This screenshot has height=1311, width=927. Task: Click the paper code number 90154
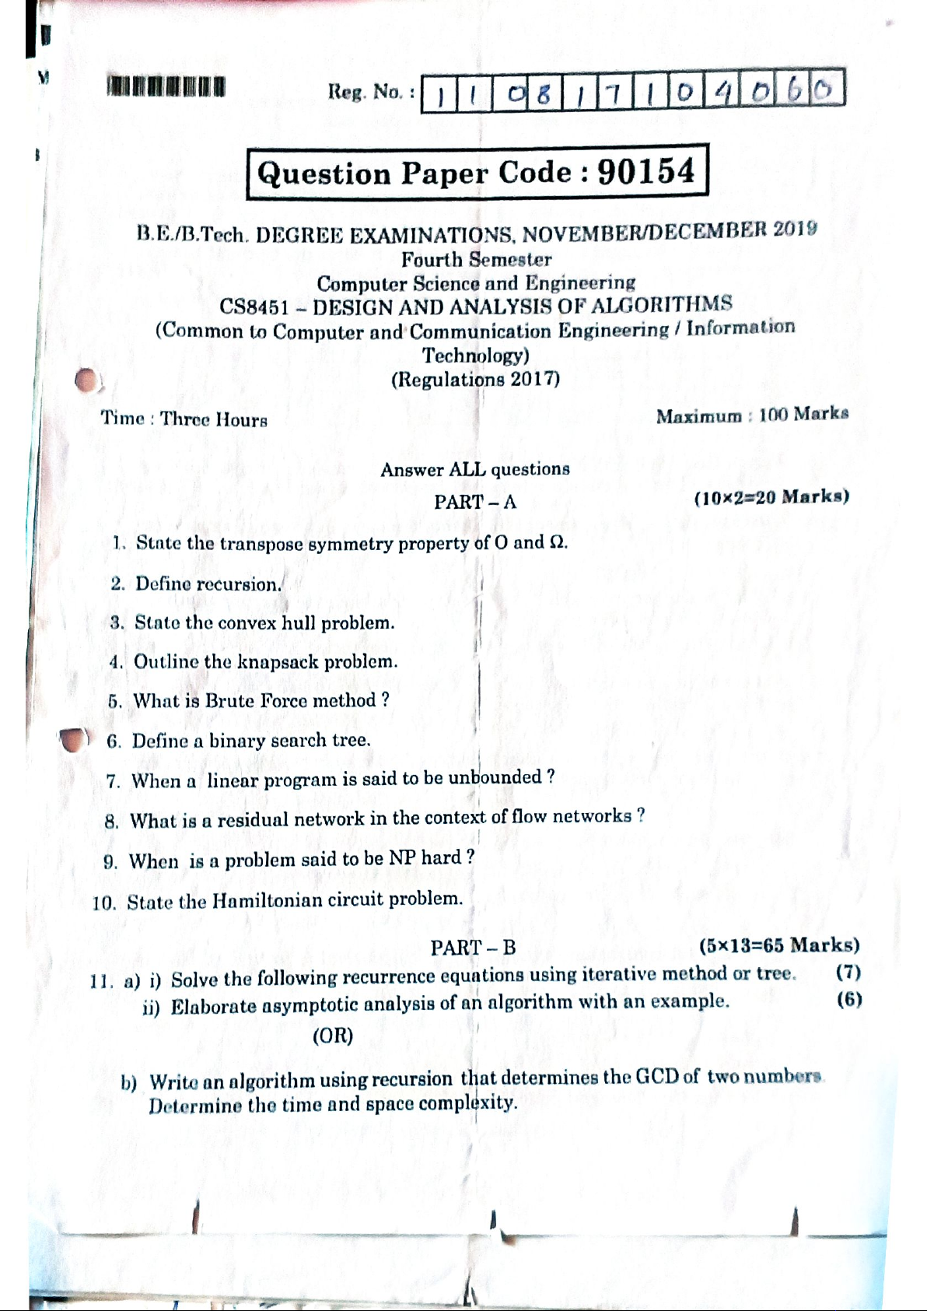[x=645, y=171]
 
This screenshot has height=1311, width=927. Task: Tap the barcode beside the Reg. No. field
[x=166, y=86]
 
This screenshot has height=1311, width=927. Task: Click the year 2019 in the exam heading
[x=795, y=228]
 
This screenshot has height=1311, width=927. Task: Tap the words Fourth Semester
[x=476, y=259]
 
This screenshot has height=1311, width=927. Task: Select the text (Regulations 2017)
[x=475, y=379]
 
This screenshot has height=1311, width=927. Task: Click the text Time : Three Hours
[x=184, y=419]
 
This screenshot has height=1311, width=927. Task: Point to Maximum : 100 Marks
[x=752, y=415]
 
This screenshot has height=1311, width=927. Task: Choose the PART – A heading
[x=474, y=502]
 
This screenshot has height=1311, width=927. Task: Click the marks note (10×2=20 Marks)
[x=771, y=497]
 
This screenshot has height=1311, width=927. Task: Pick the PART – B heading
[x=473, y=947]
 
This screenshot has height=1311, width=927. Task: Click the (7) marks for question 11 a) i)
[x=848, y=972]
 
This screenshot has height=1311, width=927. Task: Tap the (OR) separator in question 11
[x=333, y=1036]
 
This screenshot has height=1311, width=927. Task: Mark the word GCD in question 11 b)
[x=657, y=1077]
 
